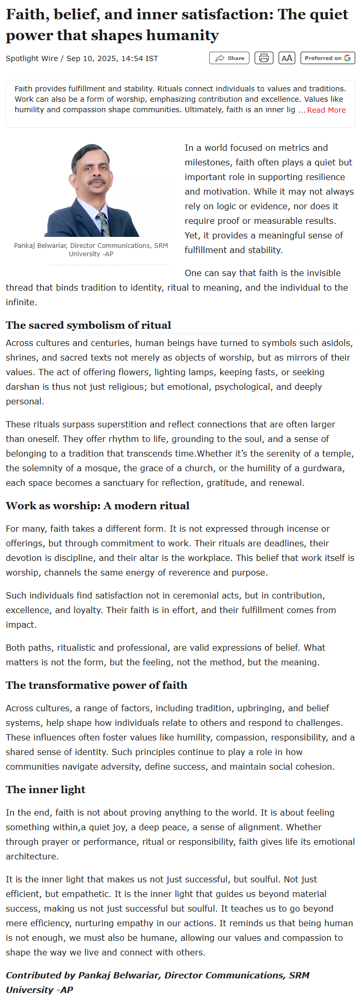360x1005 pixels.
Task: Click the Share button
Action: click(x=230, y=58)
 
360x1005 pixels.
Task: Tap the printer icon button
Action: click(x=264, y=58)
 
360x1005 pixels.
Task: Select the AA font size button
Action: click(x=287, y=58)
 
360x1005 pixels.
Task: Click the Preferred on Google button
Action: click(x=328, y=58)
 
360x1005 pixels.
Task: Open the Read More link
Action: click(x=326, y=110)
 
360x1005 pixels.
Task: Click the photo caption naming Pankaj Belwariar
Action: click(x=91, y=249)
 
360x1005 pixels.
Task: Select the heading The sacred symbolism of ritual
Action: click(x=88, y=325)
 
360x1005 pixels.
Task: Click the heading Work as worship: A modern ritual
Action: click(x=97, y=506)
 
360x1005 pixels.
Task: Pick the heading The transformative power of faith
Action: click(x=96, y=685)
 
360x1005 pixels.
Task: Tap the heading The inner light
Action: click(x=45, y=789)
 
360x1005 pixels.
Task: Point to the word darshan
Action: click(x=22, y=387)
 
